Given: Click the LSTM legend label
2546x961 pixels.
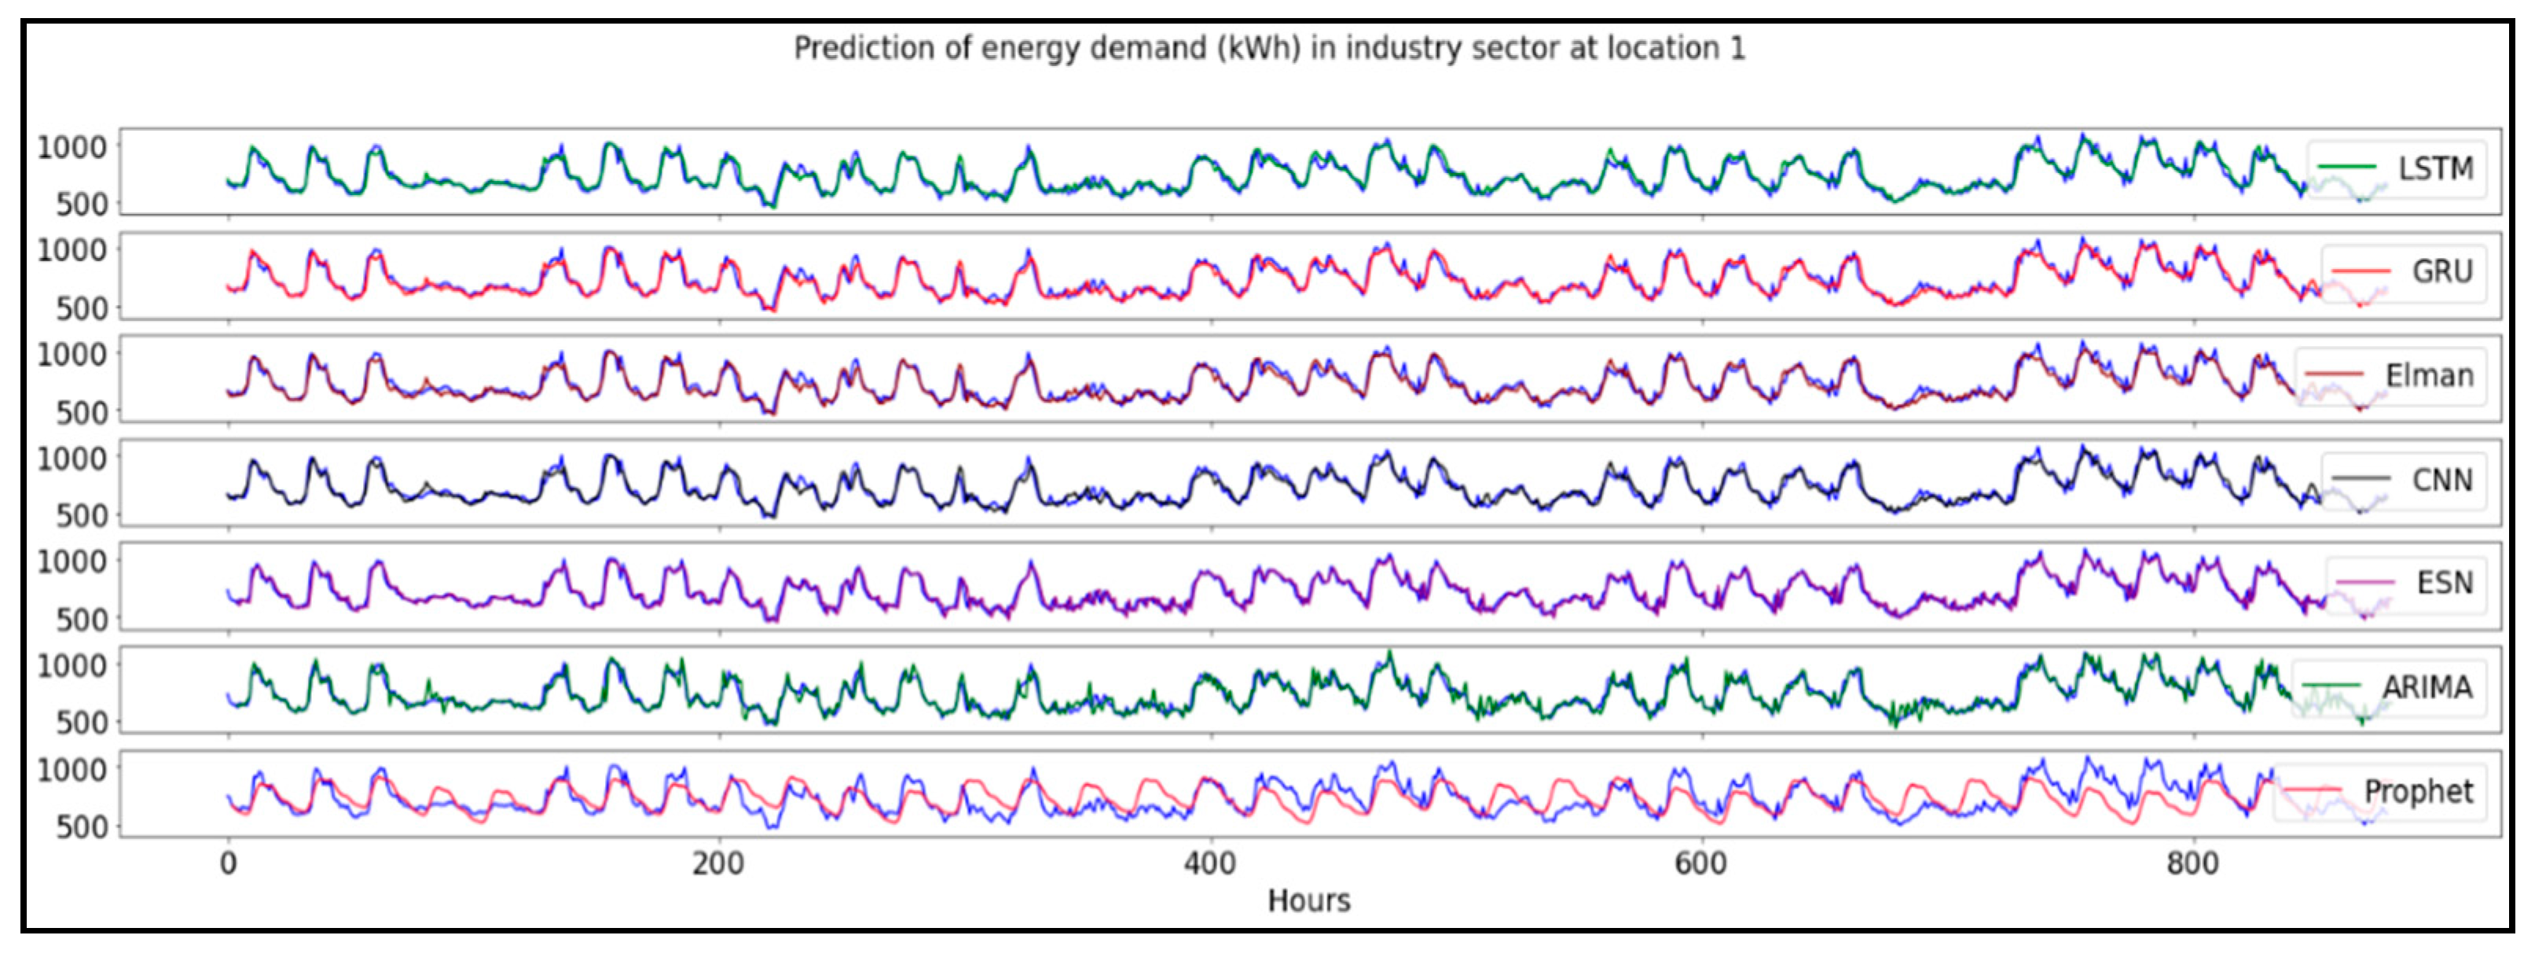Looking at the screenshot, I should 2435,169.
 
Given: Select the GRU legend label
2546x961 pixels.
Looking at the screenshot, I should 2441,272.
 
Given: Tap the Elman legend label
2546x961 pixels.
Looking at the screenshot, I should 2428,376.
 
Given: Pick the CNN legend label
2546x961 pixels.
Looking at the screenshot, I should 2441,480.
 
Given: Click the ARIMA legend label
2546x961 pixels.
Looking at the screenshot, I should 2427,687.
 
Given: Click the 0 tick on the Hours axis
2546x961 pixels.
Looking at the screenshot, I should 229,864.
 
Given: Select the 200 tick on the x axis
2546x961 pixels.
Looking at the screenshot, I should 717,864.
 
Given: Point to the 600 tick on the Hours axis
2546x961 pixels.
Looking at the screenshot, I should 1700,864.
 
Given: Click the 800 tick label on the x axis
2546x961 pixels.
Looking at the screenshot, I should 2191,864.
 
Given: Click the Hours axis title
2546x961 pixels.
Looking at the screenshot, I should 1308,900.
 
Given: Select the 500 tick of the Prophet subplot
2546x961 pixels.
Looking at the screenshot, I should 82,827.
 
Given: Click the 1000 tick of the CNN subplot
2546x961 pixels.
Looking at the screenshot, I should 72,458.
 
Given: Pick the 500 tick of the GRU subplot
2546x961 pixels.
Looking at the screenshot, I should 82,308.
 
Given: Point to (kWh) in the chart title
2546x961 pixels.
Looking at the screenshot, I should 1259,49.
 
